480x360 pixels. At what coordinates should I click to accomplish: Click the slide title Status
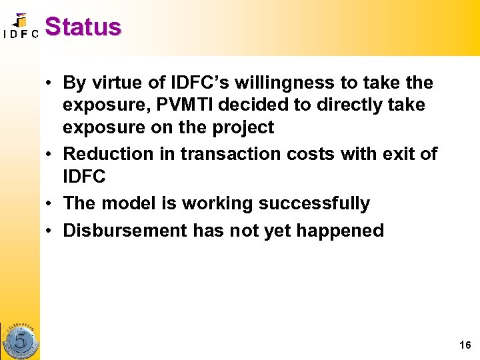tap(83, 27)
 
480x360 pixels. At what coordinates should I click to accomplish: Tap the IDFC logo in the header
tap(21, 27)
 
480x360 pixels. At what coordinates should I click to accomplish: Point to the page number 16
tap(465, 345)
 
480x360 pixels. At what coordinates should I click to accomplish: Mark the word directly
tap(352, 105)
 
